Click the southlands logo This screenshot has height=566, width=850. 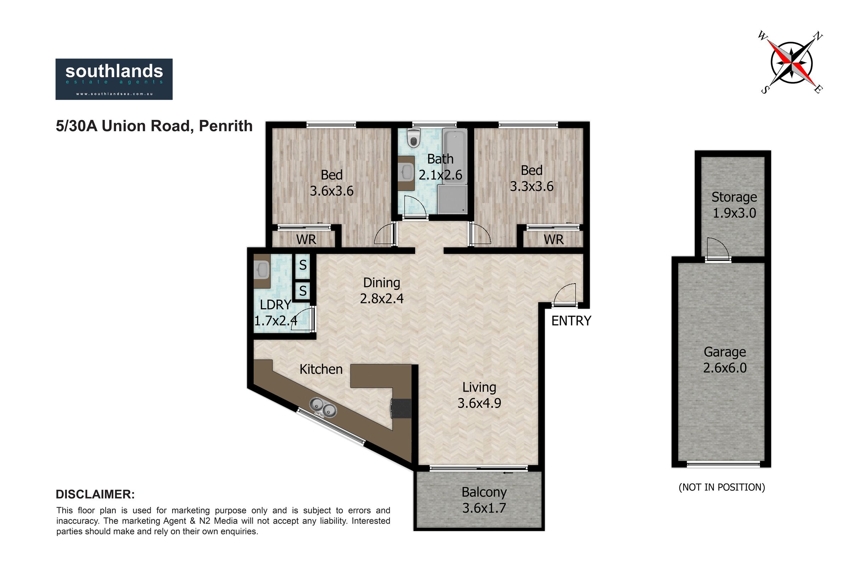114,79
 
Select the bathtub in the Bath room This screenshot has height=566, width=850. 454,157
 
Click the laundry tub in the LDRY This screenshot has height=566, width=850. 262,270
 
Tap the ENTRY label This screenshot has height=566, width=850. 571,320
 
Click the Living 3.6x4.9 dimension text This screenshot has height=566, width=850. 479,395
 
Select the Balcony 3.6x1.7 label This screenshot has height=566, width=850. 484,500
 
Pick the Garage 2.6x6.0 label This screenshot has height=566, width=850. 725,359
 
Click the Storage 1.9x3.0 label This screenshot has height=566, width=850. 734,205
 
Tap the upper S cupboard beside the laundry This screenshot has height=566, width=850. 303,266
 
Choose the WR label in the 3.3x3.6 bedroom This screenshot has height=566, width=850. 553,239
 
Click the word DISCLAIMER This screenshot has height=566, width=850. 95,495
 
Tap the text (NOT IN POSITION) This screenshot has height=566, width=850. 722,487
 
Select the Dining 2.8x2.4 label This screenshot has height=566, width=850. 382,290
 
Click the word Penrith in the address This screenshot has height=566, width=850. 226,126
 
